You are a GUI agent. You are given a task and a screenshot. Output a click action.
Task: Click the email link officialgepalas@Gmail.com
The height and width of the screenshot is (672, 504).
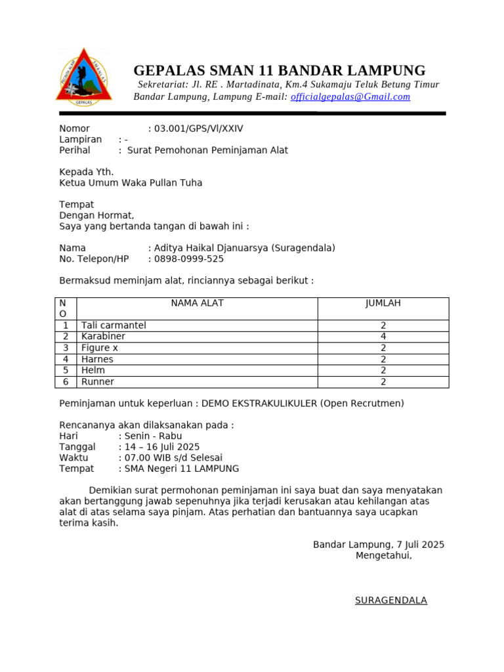coord(350,96)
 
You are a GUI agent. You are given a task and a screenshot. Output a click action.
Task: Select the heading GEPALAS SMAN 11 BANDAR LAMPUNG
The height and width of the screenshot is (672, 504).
coord(279,70)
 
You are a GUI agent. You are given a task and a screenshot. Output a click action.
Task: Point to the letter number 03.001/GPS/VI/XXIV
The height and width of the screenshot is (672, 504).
coord(198,129)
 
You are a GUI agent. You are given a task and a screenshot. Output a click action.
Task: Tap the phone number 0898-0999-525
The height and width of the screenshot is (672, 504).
coord(188,259)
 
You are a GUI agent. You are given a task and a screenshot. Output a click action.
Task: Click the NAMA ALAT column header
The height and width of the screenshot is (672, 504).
coord(197,303)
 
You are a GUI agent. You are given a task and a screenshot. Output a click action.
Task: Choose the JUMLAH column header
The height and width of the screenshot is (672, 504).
coord(383,303)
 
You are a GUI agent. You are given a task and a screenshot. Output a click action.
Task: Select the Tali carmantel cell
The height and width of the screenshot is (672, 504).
coord(114,325)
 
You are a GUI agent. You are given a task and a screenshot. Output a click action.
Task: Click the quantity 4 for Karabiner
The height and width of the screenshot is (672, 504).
coord(383,337)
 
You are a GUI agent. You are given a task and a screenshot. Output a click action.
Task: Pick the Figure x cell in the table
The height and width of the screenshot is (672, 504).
coord(100,348)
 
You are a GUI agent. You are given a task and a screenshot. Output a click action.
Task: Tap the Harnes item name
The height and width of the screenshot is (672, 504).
coord(97,359)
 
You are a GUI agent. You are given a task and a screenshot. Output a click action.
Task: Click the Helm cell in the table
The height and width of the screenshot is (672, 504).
coord(93,370)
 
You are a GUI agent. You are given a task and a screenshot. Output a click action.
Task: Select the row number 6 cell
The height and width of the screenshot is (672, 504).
coord(66,381)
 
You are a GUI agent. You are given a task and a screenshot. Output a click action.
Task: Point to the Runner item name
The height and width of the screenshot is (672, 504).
coord(98,381)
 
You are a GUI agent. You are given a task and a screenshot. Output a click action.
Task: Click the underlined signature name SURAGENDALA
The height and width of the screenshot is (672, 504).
coord(390,600)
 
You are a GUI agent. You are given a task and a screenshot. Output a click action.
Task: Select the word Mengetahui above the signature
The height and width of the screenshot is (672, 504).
coord(383,555)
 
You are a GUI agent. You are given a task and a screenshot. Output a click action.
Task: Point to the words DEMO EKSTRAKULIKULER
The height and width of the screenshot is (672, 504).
coord(259,403)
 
